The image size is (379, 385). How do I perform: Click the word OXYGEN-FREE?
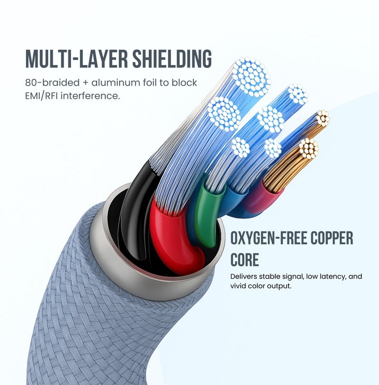[x=269, y=238]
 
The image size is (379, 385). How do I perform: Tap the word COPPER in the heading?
[x=332, y=238]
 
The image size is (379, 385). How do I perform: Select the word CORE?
[x=244, y=260]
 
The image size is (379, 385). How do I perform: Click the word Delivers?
[x=244, y=276]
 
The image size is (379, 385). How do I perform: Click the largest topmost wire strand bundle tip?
[x=251, y=77]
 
